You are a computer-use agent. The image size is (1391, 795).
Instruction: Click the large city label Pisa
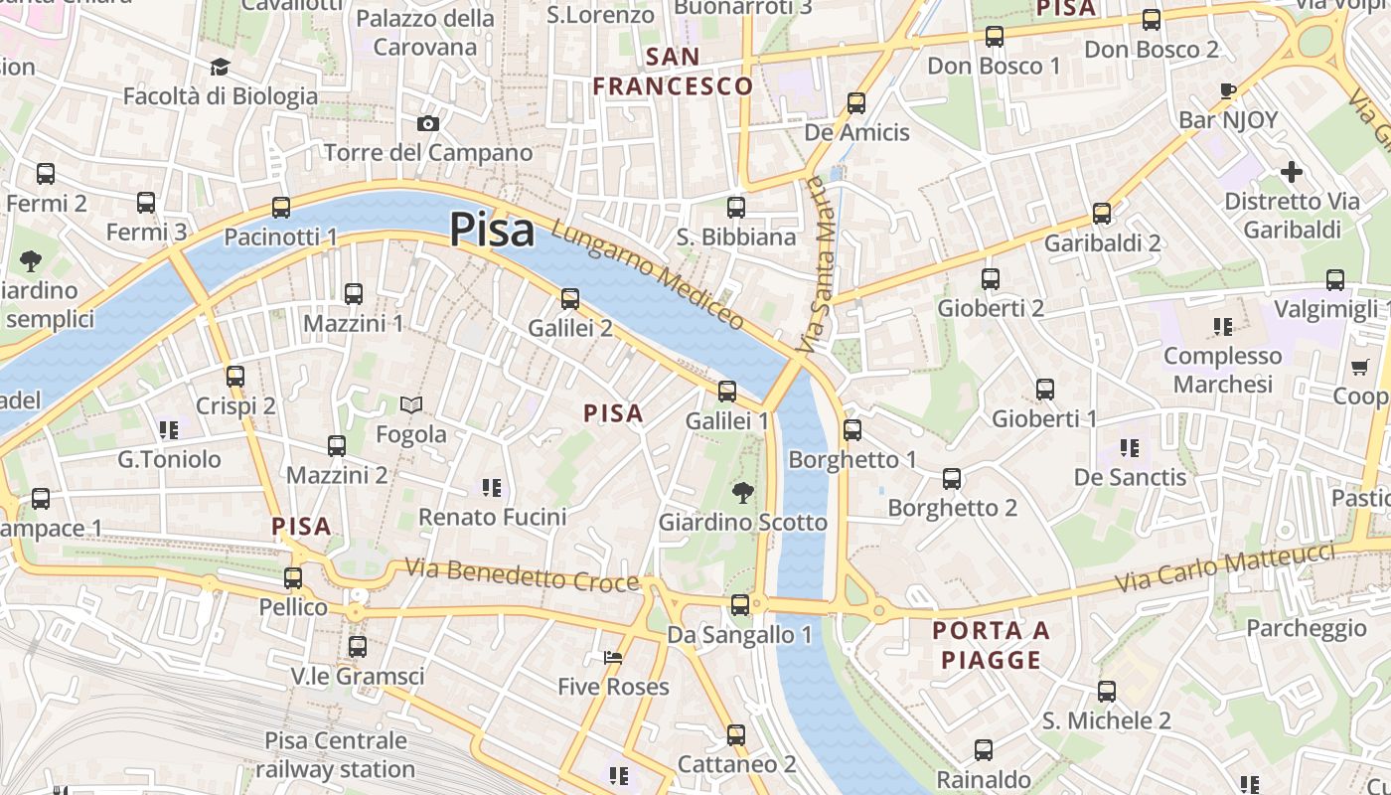pos(492,230)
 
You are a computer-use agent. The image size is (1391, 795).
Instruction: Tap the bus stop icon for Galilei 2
pos(569,298)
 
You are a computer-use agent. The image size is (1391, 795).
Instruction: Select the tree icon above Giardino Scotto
pos(742,492)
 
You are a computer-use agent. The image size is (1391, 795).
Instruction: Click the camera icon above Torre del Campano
pos(428,123)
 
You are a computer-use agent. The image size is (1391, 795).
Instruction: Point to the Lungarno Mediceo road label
pos(647,275)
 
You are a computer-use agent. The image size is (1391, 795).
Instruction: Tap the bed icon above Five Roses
pos(613,658)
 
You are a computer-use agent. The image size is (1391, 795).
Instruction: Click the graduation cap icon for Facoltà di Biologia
pos(220,67)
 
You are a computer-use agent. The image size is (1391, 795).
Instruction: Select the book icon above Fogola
pos(410,404)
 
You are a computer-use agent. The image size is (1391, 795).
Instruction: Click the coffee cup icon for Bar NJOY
pos(1228,90)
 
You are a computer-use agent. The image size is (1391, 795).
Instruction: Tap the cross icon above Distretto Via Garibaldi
pos(1291,172)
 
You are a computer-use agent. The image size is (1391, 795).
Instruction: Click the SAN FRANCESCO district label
pos(673,71)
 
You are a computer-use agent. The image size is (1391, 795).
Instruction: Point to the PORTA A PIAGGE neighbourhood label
pos(991,645)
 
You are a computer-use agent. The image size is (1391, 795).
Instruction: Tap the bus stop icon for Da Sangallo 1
pos(739,604)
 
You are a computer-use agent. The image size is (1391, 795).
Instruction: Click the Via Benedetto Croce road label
pos(522,575)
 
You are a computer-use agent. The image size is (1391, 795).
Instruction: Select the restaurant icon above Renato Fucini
pos(491,487)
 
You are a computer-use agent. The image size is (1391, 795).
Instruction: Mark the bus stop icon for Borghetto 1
pos(851,429)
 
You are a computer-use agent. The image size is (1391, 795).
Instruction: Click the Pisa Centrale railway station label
pos(336,754)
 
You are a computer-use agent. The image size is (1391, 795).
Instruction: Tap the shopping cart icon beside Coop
pos(1359,367)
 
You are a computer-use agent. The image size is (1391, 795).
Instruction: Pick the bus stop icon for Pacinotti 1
pos(281,207)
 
